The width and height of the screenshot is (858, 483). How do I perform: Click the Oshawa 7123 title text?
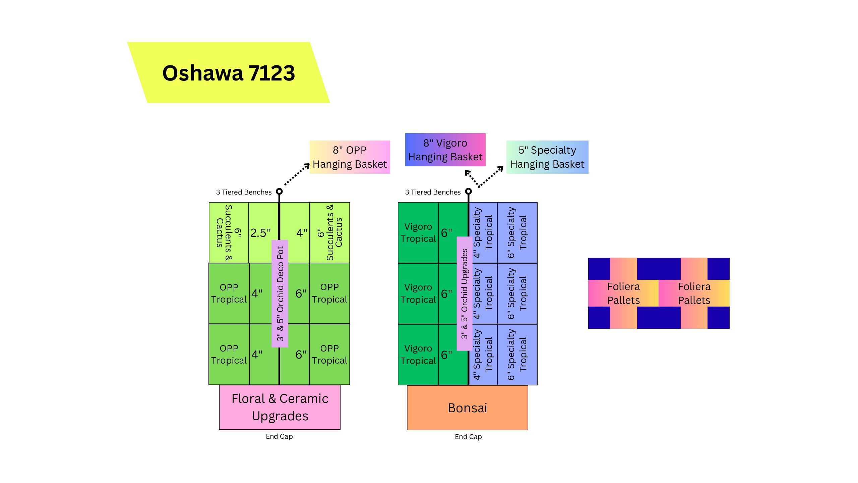tap(229, 73)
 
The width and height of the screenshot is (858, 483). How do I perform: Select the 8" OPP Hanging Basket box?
tap(350, 157)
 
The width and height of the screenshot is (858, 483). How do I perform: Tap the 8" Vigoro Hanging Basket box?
tap(445, 150)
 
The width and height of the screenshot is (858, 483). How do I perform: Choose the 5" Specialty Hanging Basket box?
tap(547, 157)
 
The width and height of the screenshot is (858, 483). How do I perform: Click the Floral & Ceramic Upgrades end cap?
tap(280, 407)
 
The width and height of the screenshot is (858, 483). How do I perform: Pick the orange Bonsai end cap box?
tap(467, 408)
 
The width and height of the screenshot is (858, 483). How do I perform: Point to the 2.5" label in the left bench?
tap(260, 233)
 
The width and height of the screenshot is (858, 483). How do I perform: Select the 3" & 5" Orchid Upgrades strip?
tap(465, 293)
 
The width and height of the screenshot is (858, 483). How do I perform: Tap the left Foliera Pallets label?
tap(623, 293)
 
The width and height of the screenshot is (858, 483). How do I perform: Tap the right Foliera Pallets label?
tap(694, 293)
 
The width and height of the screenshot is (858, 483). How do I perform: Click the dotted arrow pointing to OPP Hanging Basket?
tap(297, 174)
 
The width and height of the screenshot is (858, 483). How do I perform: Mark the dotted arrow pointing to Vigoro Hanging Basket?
tap(472, 178)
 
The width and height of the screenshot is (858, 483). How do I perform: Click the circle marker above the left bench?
tap(279, 192)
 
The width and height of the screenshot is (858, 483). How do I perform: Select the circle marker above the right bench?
tap(469, 191)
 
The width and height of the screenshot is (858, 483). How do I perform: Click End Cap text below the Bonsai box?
tap(468, 437)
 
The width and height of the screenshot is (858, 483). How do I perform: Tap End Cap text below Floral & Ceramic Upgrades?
tap(279, 436)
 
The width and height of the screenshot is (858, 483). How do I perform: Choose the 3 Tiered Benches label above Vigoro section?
tap(433, 192)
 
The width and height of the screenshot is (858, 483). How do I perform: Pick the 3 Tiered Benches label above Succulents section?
tap(244, 192)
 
